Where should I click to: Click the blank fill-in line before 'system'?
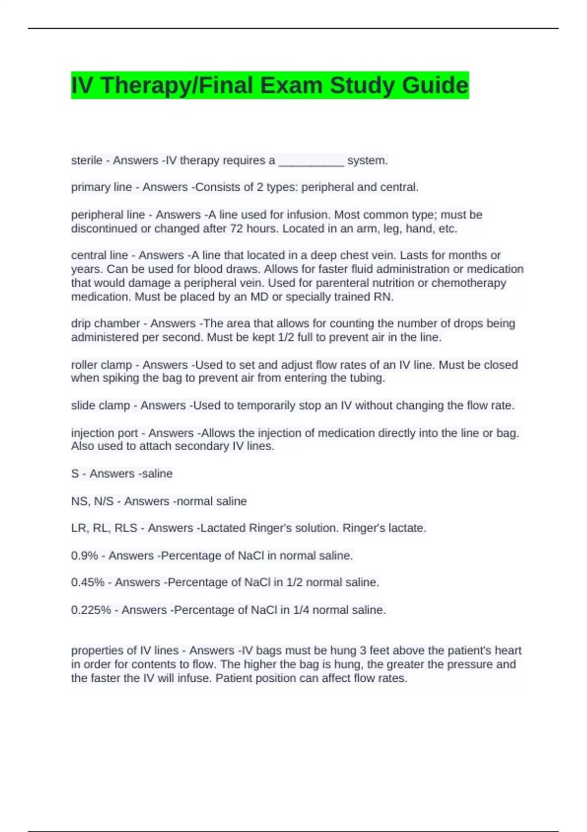(x=311, y=161)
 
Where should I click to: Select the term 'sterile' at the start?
(x=87, y=161)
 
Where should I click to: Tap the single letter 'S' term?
(x=75, y=474)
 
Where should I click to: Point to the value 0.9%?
(x=84, y=555)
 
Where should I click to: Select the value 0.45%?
(x=88, y=582)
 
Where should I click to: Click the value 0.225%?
(x=91, y=610)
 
